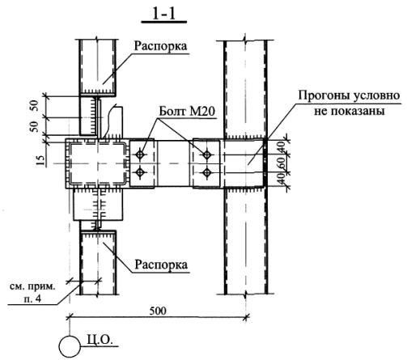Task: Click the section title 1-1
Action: [x=164, y=14]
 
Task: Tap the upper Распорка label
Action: [x=160, y=46]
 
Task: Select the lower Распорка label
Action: [x=161, y=265]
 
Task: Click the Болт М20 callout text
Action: [x=187, y=111]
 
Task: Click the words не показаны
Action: [x=349, y=111]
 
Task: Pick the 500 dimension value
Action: [x=158, y=311]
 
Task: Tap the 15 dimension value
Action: [x=40, y=160]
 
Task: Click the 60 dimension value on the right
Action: [x=282, y=163]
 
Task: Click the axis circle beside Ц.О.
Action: [x=70, y=346]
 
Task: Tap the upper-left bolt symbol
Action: [x=140, y=155]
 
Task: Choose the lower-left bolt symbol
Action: [x=140, y=172]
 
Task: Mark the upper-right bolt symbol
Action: [x=207, y=155]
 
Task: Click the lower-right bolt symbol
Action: [x=207, y=172]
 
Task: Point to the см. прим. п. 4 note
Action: [x=32, y=292]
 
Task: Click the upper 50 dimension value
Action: [x=34, y=106]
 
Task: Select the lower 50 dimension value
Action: [x=34, y=126]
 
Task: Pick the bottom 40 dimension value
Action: [x=282, y=179]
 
